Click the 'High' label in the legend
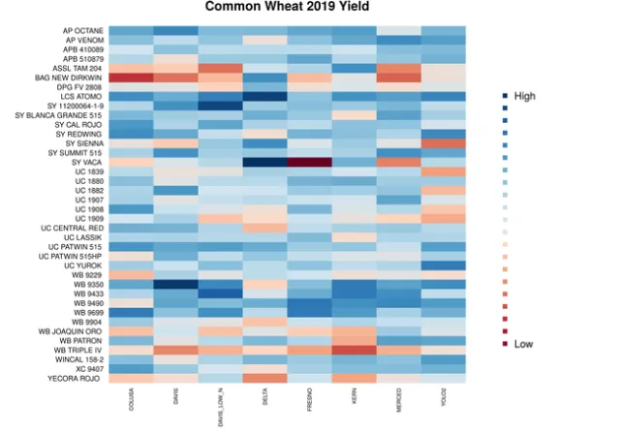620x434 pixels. click(524, 96)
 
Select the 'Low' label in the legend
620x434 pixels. click(523, 343)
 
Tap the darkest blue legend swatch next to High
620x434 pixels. click(505, 96)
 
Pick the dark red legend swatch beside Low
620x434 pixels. click(505, 343)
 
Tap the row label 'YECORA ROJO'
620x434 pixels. click(77, 379)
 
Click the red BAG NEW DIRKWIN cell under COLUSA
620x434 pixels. click(131, 77)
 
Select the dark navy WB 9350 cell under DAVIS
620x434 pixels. click(175, 285)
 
